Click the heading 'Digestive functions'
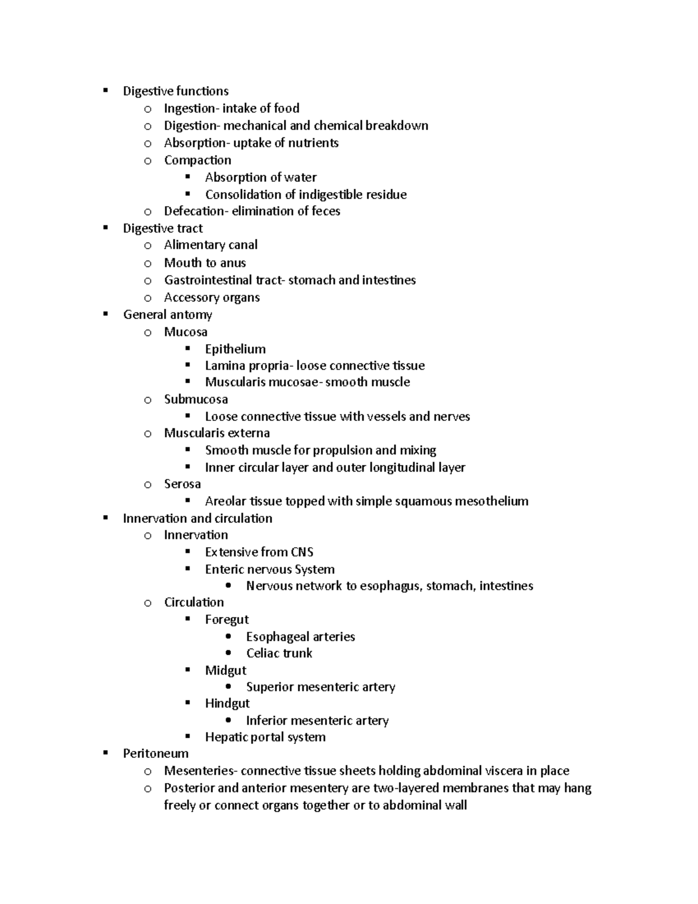click(x=176, y=91)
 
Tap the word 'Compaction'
click(x=197, y=160)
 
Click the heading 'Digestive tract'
click(x=163, y=228)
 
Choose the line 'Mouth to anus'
click(x=205, y=263)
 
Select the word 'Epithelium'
click(x=235, y=349)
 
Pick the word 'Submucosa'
click(x=195, y=399)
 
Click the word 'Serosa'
click(x=182, y=484)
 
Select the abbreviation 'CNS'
click(x=302, y=552)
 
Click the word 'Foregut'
click(x=227, y=620)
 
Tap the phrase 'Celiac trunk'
click(x=279, y=654)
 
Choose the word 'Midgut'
click(x=226, y=671)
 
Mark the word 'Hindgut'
click(x=227, y=704)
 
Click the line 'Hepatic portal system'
click(x=265, y=738)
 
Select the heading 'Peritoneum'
click(x=156, y=754)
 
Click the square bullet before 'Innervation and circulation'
click(x=105, y=517)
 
